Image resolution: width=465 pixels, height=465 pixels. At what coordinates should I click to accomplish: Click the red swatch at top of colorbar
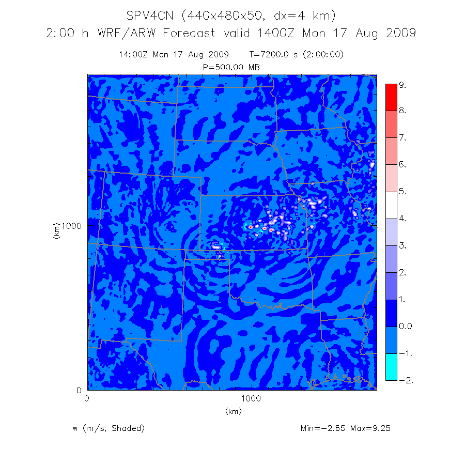point(391,96)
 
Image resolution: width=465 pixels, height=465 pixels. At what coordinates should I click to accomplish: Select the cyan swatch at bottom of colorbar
point(391,367)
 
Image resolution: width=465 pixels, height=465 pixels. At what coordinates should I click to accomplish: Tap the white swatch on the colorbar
point(391,205)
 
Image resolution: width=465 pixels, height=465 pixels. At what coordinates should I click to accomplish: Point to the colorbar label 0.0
point(406,327)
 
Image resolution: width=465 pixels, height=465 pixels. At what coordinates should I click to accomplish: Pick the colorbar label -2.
point(405,380)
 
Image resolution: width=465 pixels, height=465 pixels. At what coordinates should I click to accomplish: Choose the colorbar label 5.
point(402,192)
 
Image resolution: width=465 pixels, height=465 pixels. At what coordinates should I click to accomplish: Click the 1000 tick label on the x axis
point(251,399)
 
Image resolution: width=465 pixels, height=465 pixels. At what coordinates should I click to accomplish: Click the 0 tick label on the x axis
point(86,399)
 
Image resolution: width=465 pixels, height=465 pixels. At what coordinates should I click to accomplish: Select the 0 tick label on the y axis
point(79,390)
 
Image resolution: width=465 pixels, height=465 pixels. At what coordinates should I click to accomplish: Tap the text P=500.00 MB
point(231,67)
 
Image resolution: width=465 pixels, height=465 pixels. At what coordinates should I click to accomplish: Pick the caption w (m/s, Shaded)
point(109,428)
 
